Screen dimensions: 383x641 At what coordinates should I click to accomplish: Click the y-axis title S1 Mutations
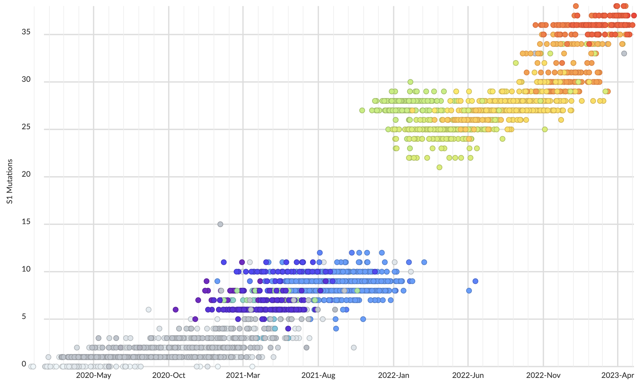(10, 181)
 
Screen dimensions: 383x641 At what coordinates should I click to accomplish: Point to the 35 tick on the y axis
(26, 32)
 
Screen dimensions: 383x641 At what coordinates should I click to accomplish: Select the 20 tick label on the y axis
(26, 174)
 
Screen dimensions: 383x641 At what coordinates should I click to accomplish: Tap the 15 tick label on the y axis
(26, 222)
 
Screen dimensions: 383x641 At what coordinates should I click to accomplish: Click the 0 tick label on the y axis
(24, 364)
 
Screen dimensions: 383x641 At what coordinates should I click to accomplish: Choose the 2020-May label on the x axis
(93, 375)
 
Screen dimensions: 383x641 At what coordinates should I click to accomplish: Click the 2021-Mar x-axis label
(243, 375)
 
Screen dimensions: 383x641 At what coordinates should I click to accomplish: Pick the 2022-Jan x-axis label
(393, 375)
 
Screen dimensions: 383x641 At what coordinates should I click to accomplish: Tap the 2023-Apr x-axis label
(618, 375)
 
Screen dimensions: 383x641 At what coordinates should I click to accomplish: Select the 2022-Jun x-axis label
(468, 375)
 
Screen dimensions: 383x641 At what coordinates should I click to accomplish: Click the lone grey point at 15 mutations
(220, 224)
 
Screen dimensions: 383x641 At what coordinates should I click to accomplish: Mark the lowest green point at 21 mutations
(439, 167)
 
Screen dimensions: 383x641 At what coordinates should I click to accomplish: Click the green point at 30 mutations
(410, 82)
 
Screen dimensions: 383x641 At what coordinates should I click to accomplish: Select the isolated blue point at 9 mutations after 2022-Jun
(475, 281)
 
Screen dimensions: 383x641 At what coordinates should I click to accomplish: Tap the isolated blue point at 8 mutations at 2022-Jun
(469, 291)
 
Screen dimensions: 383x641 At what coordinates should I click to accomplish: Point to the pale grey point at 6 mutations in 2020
(148, 309)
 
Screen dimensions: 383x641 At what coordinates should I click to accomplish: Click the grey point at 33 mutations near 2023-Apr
(624, 53)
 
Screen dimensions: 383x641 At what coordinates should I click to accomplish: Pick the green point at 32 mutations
(516, 63)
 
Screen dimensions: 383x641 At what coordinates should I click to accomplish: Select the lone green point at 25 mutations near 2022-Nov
(545, 129)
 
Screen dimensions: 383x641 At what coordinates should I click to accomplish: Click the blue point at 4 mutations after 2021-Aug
(336, 329)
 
